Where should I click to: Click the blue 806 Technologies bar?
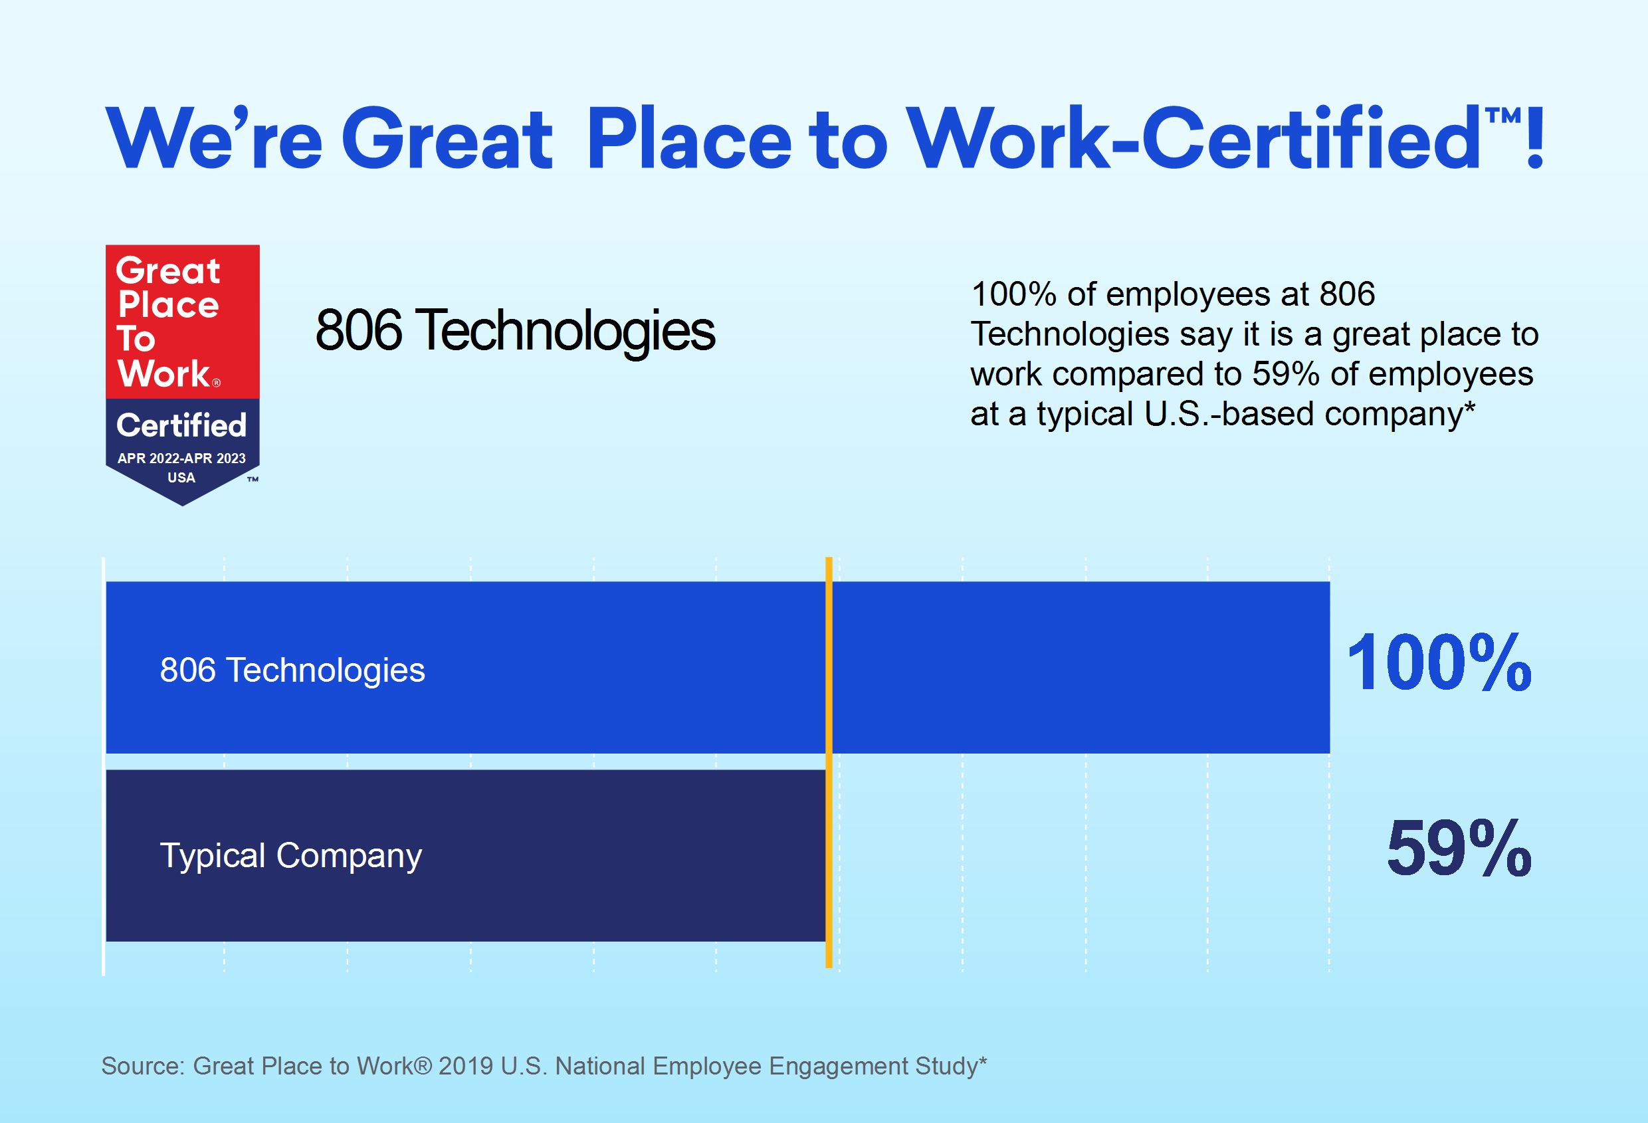tap(718, 667)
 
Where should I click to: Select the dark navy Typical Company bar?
tap(466, 856)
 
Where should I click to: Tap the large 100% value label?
tap(1439, 663)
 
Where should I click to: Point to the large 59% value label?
tap(1459, 848)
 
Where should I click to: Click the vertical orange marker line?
tap(829, 762)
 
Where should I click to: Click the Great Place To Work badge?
tap(182, 374)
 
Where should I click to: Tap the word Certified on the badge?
tap(181, 425)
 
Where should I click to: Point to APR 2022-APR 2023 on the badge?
tap(181, 458)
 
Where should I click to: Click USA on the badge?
tap(181, 478)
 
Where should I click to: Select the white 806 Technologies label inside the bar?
tap(292, 670)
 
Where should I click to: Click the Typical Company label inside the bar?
tap(291, 856)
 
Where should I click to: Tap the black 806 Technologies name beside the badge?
tap(516, 330)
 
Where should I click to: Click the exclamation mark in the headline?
tap(1535, 136)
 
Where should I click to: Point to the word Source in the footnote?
tap(142, 1066)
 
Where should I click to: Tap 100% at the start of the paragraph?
tap(1014, 294)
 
